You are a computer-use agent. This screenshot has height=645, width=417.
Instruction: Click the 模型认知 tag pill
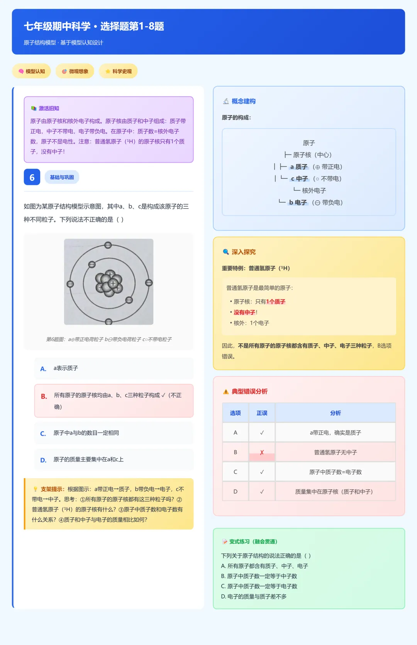pyautogui.click(x=32, y=71)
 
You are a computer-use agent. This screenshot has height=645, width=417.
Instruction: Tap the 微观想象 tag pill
pyautogui.click(x=75, y=71)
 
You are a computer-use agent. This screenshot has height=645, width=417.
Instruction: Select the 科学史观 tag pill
pyautogui.click(x=118, y=71)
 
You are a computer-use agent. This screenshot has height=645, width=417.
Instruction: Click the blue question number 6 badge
pyautogui.click(x=32, y=177)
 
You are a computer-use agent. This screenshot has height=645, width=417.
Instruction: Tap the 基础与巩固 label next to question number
pyautogui.click(x=62, y=177)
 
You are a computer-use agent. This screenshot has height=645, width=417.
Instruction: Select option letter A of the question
pyautogui.click(x=43, y=369)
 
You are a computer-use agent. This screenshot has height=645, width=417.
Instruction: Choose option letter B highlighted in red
pyautogui.click(x=44, y=396)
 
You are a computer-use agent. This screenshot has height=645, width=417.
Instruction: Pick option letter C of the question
pyautogui.click(x=43, y=434)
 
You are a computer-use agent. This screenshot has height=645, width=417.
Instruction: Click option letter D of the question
pyautogui.click(x=43, y=460)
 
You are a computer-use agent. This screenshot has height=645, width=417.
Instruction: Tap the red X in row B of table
pyautogui.click(x=262, y=452)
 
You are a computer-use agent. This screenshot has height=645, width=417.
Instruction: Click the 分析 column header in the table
pyautogui.click(x=335, y=413)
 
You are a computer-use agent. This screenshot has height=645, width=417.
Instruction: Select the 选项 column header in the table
pyautogui.click(x=235, y=413)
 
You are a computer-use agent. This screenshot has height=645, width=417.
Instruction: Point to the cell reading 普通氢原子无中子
pyautogui.click(x=335, y=452)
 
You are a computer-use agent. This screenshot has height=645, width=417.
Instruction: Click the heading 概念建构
pyautogui.click(x=243, y=101)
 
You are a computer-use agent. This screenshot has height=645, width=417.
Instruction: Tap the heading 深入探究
pyautogui.click(x=243, y=252)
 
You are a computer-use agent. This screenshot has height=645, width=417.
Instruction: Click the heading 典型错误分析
pyautogui.click(x=249, y=391)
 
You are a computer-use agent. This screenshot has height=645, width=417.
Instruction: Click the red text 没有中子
pyautogui.click(x=244, y=312)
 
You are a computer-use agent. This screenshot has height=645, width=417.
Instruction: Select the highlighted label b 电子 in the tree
pyautogui.click(x=298, y=202)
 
